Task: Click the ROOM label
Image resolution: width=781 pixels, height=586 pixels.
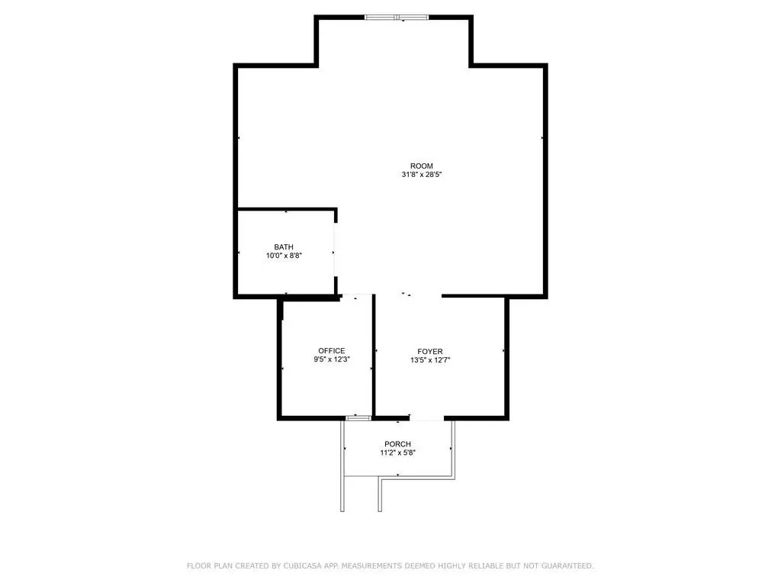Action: click(421, 166)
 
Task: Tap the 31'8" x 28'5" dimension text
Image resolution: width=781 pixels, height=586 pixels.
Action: click(422, 175)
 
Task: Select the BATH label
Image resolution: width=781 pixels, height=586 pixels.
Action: click(284, 247)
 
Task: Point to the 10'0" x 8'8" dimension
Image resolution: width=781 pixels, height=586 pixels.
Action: click(284, 256)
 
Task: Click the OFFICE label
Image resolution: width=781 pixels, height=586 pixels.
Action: click(332, 351)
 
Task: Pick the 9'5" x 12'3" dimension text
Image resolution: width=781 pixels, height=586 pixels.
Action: click(332, 359)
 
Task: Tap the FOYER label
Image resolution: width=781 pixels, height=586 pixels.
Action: click(430, 351)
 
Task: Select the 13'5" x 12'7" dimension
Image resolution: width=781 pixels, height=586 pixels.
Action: click(430, 360)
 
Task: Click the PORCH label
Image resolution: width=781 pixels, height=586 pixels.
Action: click(397, 444)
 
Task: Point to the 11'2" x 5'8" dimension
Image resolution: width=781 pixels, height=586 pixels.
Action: click(397, 453)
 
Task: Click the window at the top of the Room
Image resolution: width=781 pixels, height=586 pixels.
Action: click(397, 18)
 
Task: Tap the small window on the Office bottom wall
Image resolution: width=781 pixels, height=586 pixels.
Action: click(358, 418)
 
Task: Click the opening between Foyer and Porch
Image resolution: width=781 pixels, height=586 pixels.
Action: click(427, 419)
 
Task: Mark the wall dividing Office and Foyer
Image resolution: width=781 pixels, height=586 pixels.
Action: click(374, 356)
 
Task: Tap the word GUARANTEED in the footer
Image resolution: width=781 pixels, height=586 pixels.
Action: click(567, 565)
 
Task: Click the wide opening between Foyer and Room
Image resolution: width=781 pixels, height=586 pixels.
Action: click(408, 297)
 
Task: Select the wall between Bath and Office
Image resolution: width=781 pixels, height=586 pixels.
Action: click(310, 297)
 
